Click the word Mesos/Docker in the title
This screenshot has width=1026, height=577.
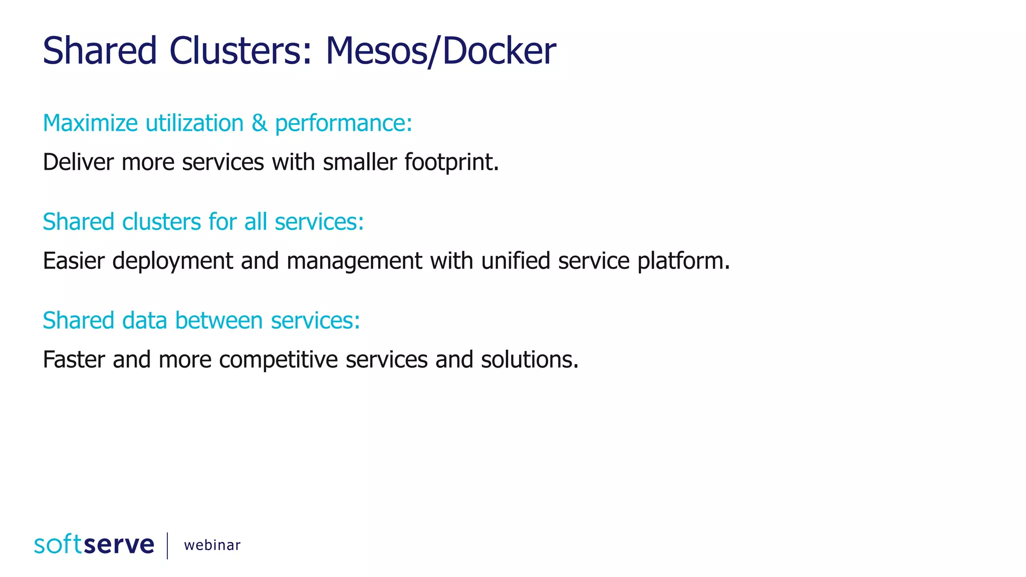[x=440, y=51]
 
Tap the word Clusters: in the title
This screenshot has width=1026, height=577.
[x=240, y=51]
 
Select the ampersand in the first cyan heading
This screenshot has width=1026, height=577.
[x=260, y=123]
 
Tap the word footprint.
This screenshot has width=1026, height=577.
[x=451, y=162]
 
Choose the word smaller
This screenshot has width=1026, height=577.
[x=360, y=162]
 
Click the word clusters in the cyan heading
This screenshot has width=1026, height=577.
[x=161, y=222]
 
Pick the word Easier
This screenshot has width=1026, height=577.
[x=74, y=261]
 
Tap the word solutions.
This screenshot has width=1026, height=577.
[x=530, y=360]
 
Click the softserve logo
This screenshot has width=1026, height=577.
[x=94, y=544]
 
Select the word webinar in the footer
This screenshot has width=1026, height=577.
[x=212, y=545]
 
